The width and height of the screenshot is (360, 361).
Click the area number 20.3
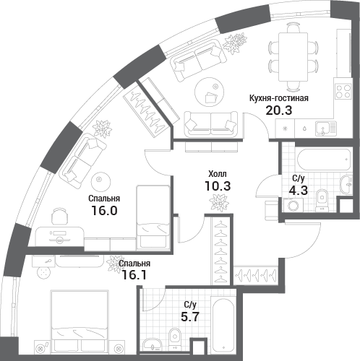pos(279,110)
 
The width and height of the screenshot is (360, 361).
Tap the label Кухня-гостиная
pos(279,98)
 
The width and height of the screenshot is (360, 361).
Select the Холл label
pos(218,173)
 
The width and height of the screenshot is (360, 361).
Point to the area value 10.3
pos(218,186)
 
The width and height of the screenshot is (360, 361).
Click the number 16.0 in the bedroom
pos(104,211)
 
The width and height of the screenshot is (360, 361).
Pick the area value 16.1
pos(134,275)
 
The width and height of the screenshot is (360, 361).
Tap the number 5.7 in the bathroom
pos(190,317)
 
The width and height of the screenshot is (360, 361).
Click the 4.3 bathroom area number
pos(299,191)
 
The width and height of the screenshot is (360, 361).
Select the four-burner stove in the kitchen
pos(343,91)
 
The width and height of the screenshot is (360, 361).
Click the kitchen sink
pos(326,128)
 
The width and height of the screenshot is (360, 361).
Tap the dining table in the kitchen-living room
pos(293,57)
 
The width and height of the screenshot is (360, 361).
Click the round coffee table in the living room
pos(210,92)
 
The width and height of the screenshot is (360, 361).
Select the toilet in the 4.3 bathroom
pos(322,200)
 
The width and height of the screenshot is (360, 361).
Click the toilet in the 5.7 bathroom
pos(175,339)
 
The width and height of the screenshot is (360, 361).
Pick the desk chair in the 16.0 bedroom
pos(59,217)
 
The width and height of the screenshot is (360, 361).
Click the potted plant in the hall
pos(218,202)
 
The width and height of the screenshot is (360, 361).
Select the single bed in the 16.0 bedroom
pos(153,217)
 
